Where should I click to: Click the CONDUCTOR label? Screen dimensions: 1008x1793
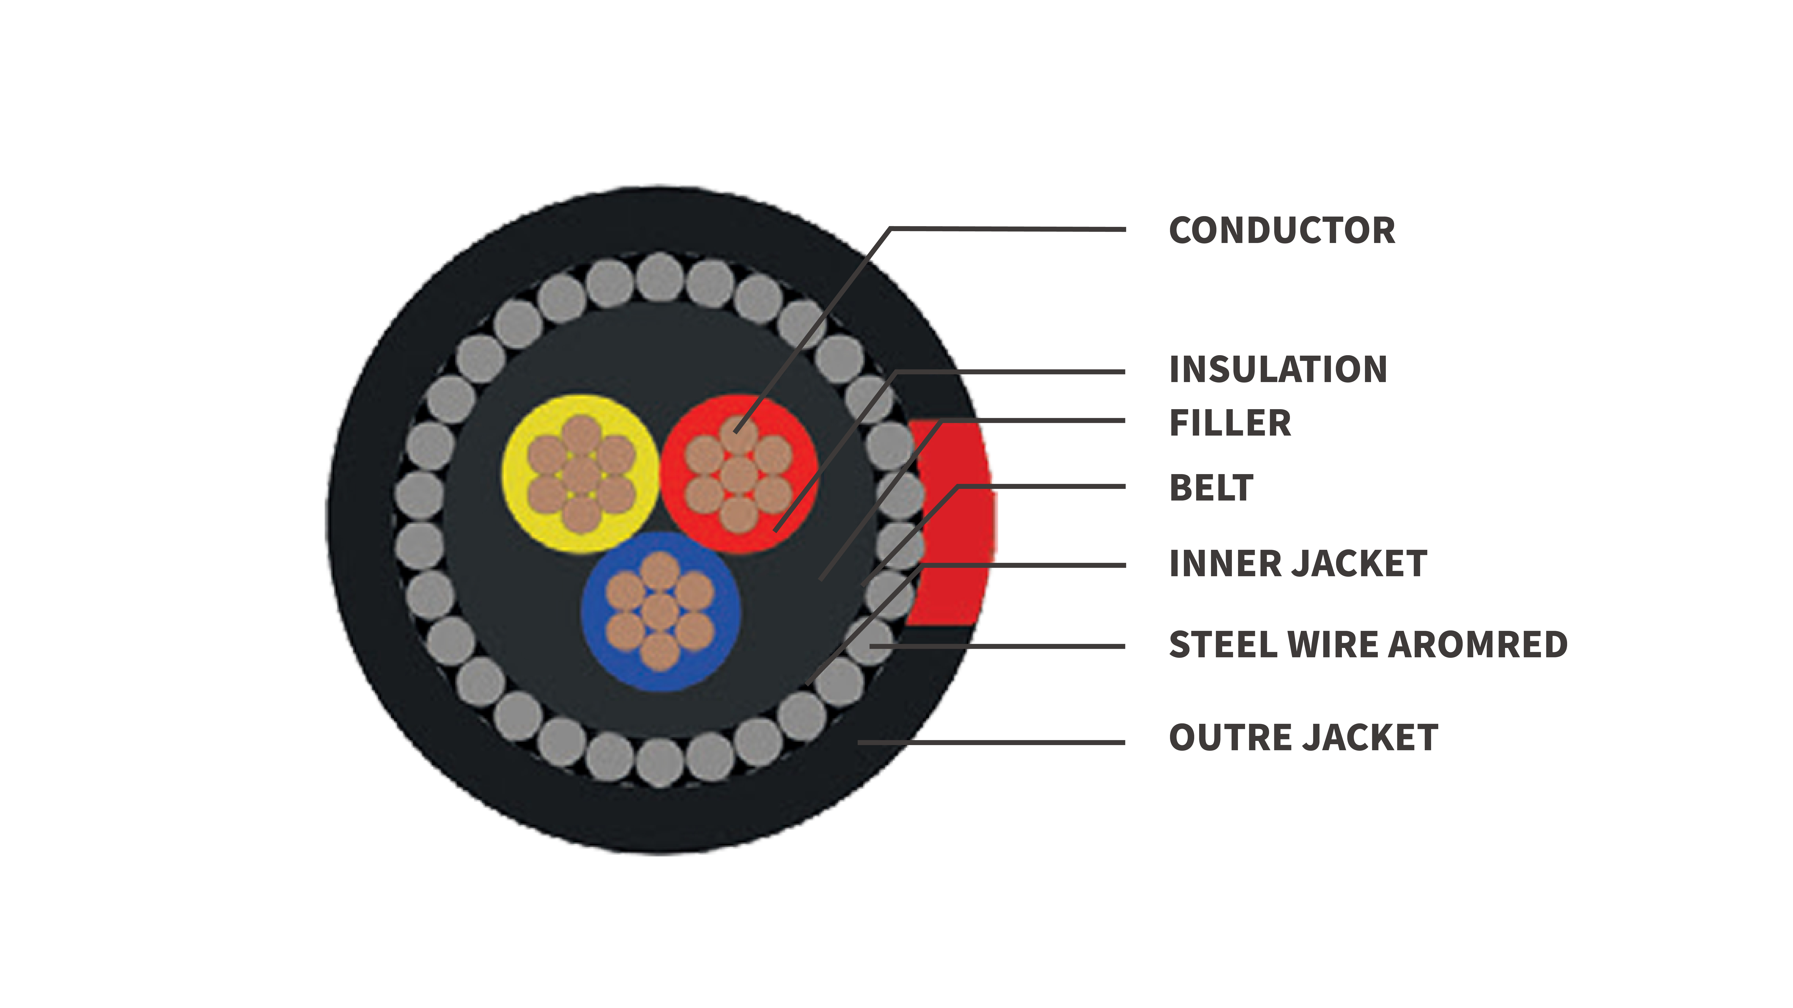[1281, 230]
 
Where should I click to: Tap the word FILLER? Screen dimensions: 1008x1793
[1230, 423]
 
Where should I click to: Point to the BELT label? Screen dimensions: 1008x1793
[1211, 488]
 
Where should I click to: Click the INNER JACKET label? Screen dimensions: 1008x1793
[1298, 563]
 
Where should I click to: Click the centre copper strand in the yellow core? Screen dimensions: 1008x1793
[581, 475]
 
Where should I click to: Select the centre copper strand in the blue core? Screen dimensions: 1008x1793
[659, 612]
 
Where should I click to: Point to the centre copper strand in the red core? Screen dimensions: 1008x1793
[738, 475]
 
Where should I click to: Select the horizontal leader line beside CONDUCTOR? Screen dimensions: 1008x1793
[1009, 229]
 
